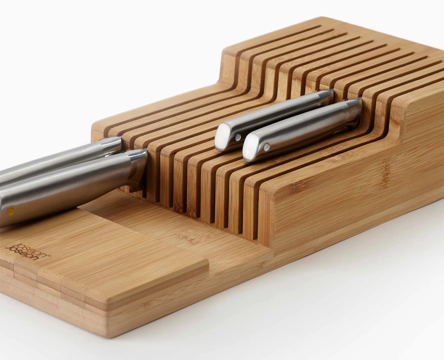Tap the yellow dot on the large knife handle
(x=10, y=211)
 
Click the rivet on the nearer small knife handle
(x=267, y=146)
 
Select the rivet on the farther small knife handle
(x=238, y=137)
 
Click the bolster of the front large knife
(x=137, y=166)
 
